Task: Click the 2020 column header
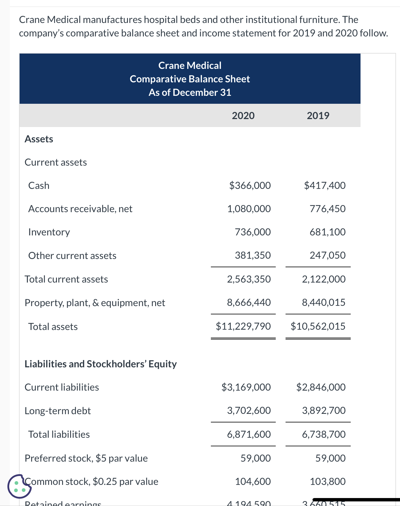click(243, 116)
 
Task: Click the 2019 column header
click(318, 116)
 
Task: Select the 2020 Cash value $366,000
click(250, 186)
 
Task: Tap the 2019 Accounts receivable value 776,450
click(327, 209)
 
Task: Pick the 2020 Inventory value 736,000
click(253, 232)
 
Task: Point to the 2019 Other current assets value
click(327, 255)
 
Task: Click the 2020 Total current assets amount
click(249, 279)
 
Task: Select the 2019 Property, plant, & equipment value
click(323, 302)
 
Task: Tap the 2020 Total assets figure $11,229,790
click(243, 326)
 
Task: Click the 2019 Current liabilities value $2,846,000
click(321, 387)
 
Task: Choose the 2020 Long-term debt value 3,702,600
click(249, 410)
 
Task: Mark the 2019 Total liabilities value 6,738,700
click(323, 434)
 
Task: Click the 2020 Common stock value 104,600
click(253, 482)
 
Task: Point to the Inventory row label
click(49, 232)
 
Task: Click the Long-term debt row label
click(58, 411)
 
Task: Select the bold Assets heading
click(39, 139)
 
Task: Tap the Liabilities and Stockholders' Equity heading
click(100, 364)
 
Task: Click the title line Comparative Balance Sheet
click(190, 79)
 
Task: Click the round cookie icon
click(19, 486)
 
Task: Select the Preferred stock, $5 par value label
click(86, 458)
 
